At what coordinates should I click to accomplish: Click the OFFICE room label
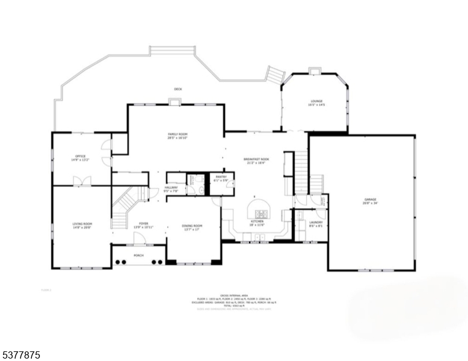(80, 156)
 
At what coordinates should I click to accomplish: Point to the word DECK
(178, 89)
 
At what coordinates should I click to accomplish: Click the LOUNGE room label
(316, 101)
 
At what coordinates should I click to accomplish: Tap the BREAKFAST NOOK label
(256, 159)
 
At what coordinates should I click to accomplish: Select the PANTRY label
(221, 177)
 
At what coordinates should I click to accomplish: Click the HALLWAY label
(171, 187)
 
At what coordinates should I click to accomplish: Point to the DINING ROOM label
(192, 226)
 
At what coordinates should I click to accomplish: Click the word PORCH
(138, 255)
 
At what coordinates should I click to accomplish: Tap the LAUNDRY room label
(316, 223)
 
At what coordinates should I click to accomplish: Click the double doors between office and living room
(80, 181)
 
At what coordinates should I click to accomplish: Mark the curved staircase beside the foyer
(125, 204)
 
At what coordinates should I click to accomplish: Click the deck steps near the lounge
(276, 75)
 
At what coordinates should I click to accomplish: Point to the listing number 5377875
(21, 356)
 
